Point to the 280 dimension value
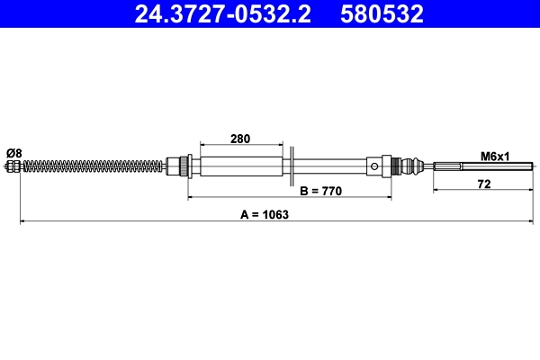(240, 139)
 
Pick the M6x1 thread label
(495, 156)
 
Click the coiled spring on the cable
(90, 166)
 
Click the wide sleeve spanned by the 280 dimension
(241, 166)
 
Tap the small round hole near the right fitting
(373, 166)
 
